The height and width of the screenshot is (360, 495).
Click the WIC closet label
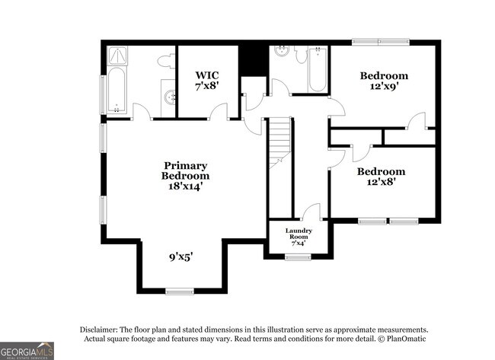click(207, 75)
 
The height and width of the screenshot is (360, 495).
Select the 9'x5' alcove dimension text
click(180, 257)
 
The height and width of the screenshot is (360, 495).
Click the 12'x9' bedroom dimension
click(384, 87)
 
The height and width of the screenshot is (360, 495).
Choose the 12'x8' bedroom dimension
click(382, 183)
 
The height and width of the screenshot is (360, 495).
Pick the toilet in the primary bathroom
click(165, 60)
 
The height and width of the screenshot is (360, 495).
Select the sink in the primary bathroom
click(169, 97)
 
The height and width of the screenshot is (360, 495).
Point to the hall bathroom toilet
click(301, 54)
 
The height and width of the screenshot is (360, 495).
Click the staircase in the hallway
click(280, 145)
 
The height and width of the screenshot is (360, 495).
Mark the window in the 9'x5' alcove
click(180, 291)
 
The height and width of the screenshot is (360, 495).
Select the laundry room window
click(298, 257)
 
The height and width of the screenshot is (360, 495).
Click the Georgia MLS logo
click(27, 350)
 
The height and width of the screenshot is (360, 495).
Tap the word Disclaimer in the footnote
click(103, 329)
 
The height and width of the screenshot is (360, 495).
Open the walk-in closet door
click(219, 113)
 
